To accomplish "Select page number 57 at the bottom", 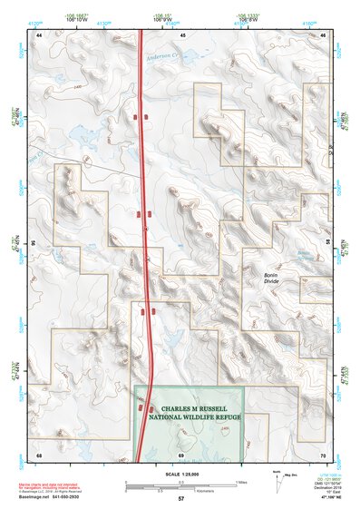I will (x=181, y=499).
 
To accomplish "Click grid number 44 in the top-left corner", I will (x=39, y=34).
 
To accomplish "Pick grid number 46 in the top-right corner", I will (x=324, y=34).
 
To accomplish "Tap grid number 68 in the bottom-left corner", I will (x=39, y=453).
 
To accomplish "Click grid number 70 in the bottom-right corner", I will (x=323, y=453).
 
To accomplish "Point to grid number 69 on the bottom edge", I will (x=181, y=453).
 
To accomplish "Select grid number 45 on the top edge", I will (x=181, y=34).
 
